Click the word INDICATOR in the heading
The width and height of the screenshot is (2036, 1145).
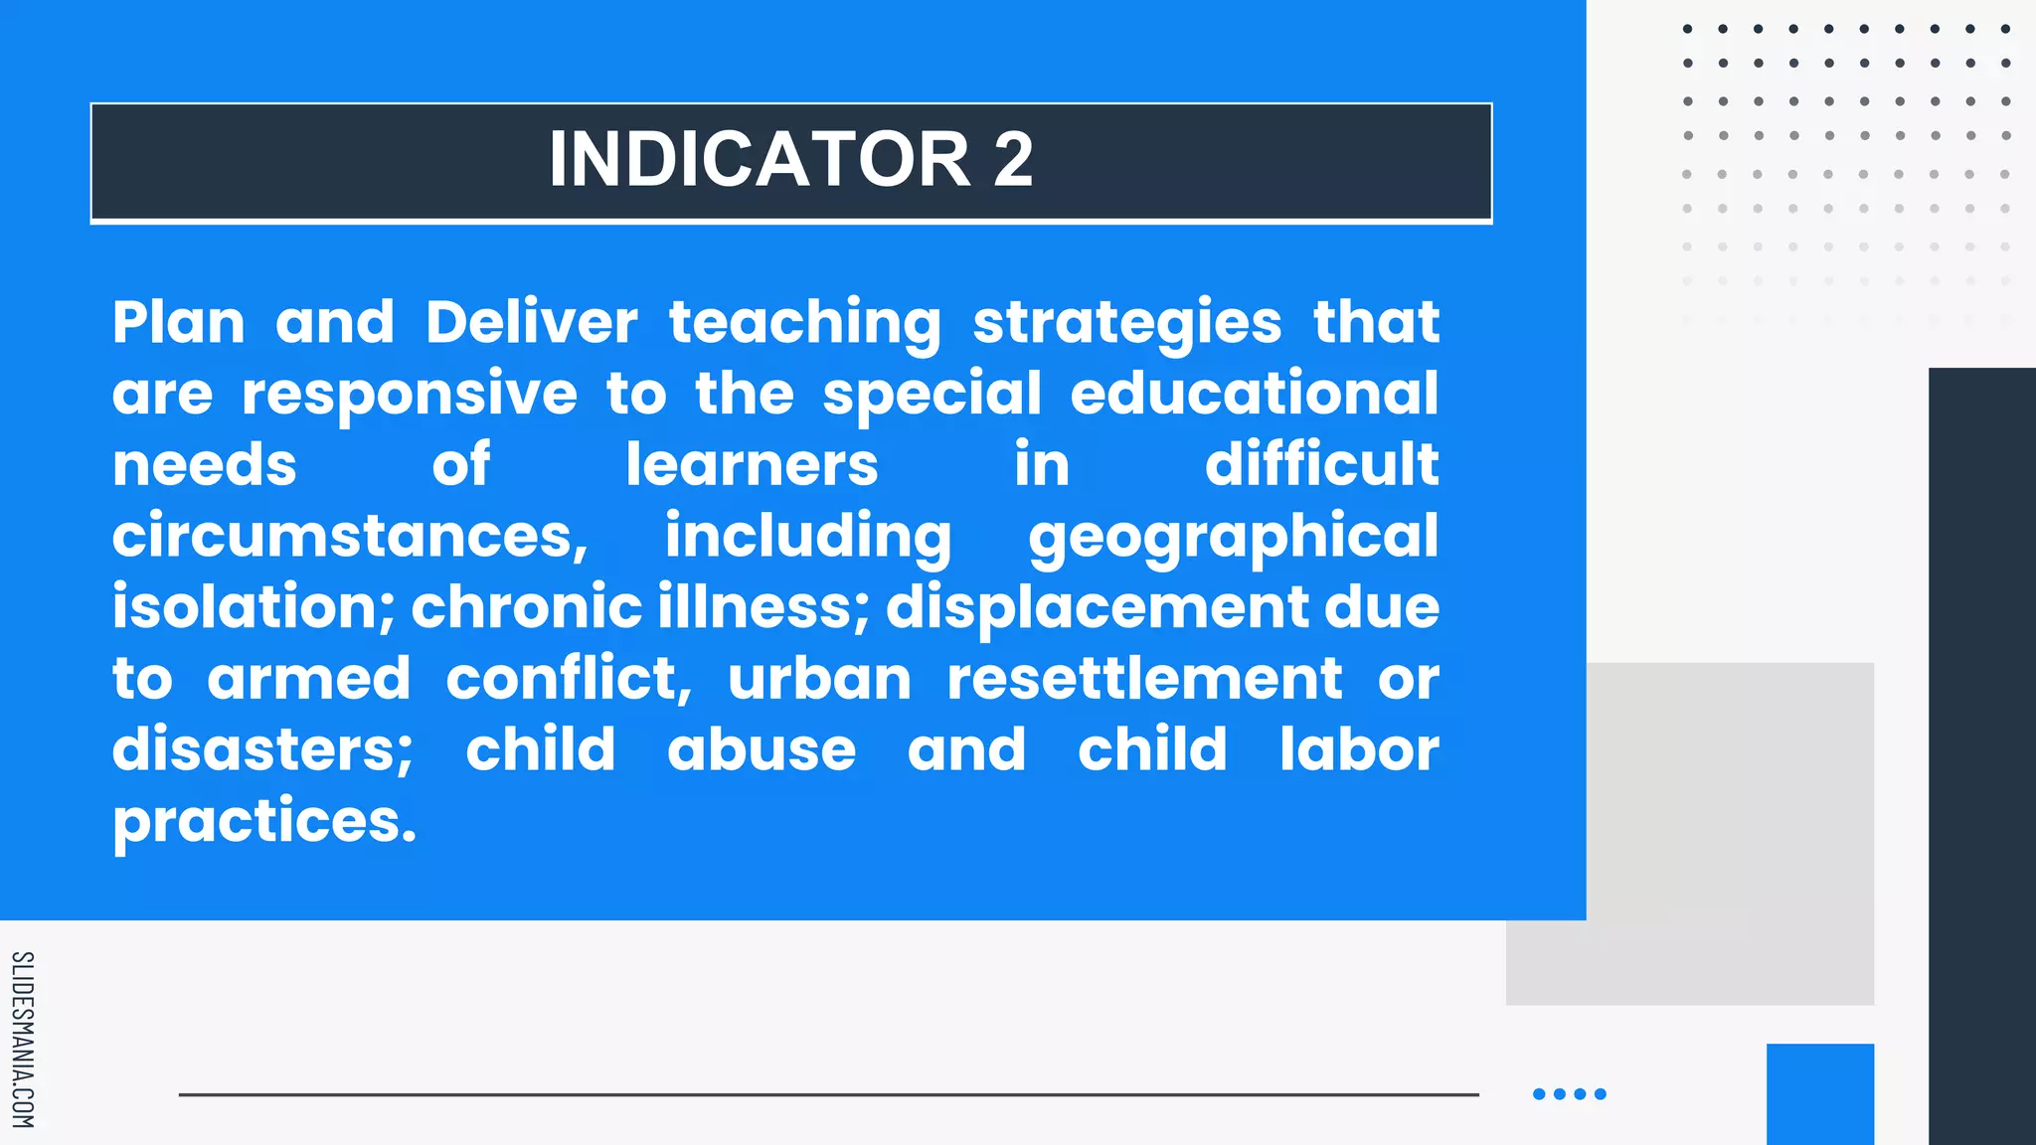pyautogui.click(x=759, y=159)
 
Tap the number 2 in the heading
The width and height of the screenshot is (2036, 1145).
pyautogui.click(x=1013, y=159)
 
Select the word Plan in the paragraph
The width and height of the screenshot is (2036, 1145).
pyautogui.click(x=179, y=322)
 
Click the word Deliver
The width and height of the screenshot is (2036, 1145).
pyautogui.click(x=532, y=322)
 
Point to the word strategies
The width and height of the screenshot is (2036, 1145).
pyautogui.click(x=1127, y=324)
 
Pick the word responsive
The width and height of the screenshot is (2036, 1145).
pyautogui.click(x=410, y=395)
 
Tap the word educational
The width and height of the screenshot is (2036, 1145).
pyautogui.click(x=1255, y=393)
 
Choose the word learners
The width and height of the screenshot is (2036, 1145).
pyautogui.click(x=752, y=465)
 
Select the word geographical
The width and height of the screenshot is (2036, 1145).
pyautogui.click(x=1234, y=538)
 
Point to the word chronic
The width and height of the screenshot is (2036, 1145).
pyautogui.click(x=527, y=607)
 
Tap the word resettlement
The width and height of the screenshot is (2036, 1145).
pyautogui.click(x=1144, y=679)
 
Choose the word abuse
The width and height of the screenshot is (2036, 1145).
pyautogui.click(x=762, y=749)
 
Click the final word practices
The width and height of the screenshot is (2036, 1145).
pyautogui.click(x=264, y=822)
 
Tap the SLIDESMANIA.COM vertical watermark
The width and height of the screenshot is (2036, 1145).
pyautogui.click(x=23, y=1040)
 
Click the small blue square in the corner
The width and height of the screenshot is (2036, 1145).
pyautogui.click(x=1820, y=1093)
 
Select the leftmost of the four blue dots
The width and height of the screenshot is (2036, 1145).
pyautogui.click(x=1539, y=1094)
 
